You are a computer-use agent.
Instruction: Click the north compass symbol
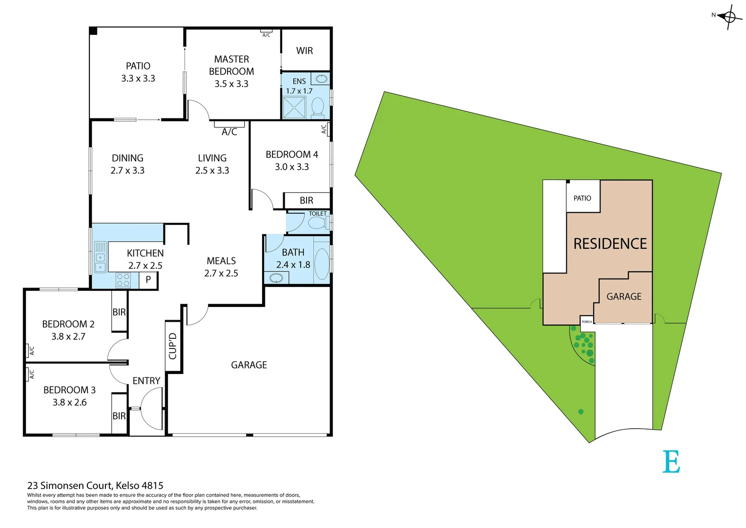click(729, 17)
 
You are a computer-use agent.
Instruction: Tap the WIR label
click(304, 51)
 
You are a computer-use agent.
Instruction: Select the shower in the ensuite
click(294, 108)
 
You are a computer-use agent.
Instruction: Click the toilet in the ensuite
click(318, 107)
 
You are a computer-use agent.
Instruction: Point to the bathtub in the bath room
click(322, 264)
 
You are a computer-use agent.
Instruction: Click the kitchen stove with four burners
click(123, 280)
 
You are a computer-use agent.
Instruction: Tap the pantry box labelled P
click(148, 280)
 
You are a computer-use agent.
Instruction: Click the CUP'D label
click(173, 346)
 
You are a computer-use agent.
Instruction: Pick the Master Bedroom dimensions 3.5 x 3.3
click(231, 84)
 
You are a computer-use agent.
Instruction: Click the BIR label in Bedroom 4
click(306, 200)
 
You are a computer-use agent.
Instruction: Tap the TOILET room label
click(317, 214)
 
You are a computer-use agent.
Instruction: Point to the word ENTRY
click(146, 381)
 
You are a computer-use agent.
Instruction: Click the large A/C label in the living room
click(229, 132)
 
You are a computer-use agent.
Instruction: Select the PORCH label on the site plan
click(587, 322)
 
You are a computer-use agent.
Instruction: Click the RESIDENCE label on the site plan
click(610, 243)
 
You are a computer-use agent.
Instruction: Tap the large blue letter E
click(671, 462)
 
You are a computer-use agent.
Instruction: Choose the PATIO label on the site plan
click(582, 198)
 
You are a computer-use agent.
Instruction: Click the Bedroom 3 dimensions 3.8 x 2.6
click(70, 402)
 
